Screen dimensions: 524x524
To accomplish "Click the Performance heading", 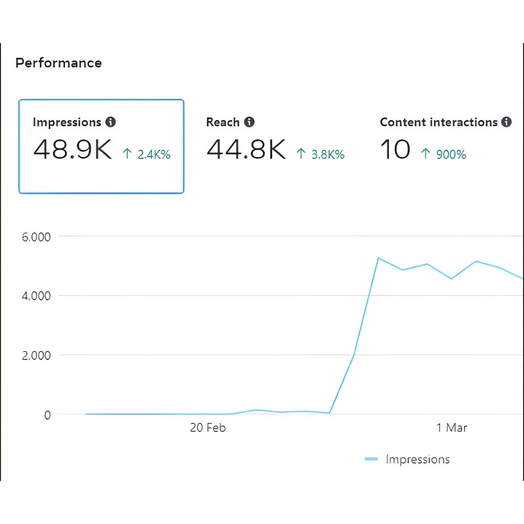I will coord(58,63).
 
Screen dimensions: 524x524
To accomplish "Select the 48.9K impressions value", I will coord(72,149).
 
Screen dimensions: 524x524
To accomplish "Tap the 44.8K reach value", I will coord(246,149).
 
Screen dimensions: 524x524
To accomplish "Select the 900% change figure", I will coord(450,155).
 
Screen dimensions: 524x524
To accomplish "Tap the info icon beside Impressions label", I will coord(111,122).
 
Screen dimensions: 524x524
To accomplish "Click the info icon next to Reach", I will coord(249,122).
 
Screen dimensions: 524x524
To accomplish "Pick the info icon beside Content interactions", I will coord(506,122).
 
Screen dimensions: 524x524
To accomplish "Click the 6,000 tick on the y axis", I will coord(36,237).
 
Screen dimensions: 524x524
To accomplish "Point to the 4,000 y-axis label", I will coord(36,296).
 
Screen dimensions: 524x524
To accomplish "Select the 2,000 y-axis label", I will coord(36,356).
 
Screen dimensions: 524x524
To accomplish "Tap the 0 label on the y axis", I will coord(47,415).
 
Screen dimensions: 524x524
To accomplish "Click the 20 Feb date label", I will coord(208,428).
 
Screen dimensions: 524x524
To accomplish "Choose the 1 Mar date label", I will coord(452,428).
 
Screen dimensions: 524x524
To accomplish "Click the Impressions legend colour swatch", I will coord(371,460).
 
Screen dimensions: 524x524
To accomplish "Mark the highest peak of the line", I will coord(378,258).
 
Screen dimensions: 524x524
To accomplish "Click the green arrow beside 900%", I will coord(425,154).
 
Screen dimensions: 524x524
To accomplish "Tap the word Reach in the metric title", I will coord(223,122).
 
